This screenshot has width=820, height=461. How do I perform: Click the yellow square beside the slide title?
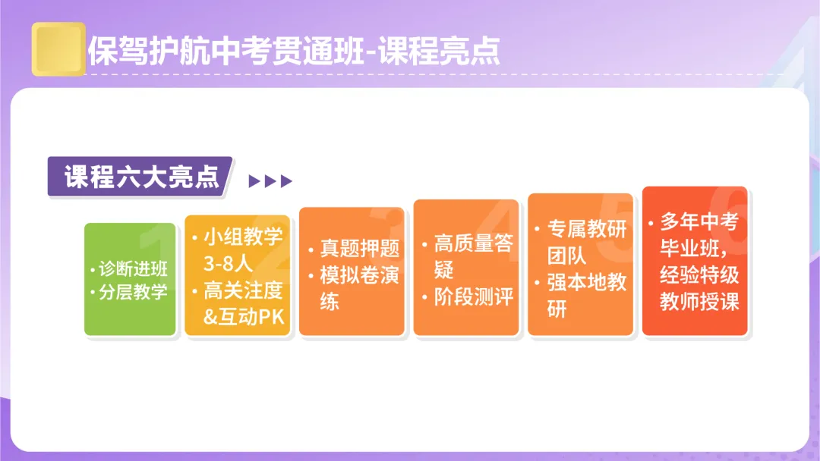[58, 49]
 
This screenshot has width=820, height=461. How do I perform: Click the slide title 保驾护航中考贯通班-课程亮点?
[294, 51]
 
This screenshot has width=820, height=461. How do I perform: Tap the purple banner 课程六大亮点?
[140, 177]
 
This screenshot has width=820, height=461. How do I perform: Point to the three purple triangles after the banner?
[270, 181]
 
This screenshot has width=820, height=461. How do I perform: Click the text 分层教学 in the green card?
[134, 293]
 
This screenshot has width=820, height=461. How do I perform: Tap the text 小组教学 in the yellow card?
[243, 237]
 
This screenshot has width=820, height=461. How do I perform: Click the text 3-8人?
[228, 264]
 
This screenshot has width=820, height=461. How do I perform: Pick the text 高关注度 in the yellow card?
[243, 290]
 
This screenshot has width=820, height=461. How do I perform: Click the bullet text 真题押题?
[359, 248]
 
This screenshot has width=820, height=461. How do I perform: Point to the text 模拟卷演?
[359, 274]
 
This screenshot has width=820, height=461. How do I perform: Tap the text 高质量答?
[473, 243]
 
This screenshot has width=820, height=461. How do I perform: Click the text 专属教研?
[587, 230]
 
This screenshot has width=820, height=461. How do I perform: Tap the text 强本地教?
[587, 283]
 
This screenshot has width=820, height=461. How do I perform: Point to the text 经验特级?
[699, 275]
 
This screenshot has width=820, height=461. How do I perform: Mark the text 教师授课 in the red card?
[699, 302]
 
